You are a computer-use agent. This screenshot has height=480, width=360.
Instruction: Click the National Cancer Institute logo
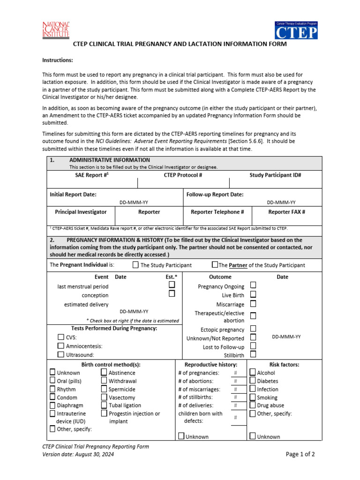pyautogui.click(x=56, y=30)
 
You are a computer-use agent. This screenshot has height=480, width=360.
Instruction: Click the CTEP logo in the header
pyautogui.click(x=296, y=30)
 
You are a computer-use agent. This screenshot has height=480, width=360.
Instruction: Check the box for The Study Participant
pyautogui.click(x=135, y=265)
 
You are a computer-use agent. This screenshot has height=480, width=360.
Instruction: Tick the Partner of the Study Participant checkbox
pyautogui.click(x=215, y=264)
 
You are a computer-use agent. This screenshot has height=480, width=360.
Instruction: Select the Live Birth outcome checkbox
pyautogui.click(x=253, y=294)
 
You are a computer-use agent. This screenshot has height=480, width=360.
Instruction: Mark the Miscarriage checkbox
pyautogui.click(x=253, y=304)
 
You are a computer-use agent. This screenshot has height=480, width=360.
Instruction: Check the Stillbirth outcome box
pyautogui.click(x=253, y=355)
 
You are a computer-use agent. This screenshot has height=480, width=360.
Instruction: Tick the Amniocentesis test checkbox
pyautogui.click(x=61, y=346)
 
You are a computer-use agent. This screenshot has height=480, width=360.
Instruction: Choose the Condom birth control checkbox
pyautogui.click(x=52, y=397)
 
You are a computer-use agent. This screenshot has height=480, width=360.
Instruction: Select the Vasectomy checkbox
pyautogui.click(x=104, y=397)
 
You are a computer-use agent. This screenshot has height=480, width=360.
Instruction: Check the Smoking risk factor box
pyautogui.click(x=253, y=397)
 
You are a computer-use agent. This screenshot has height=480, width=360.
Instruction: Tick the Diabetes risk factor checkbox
pyautogui.click(x=253, y=381)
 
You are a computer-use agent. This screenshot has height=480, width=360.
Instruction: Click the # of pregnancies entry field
pyautogui.click(x=235, y=373)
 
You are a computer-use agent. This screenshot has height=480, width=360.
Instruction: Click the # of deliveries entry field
pyautogui.click(x=235, y=405)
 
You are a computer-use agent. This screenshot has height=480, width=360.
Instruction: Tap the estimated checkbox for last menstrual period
pyautogui.click(x=172, y=285)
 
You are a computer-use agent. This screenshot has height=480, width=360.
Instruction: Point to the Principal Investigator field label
pyautogui.click(x=81, y=212)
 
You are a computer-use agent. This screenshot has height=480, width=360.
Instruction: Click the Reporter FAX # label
pyautogui.click(x=286, y=212)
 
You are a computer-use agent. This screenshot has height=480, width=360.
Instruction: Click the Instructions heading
pyautogui.click(x=58, y=60)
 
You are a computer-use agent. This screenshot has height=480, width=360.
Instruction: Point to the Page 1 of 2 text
pyautogui.click(x=300, y=454)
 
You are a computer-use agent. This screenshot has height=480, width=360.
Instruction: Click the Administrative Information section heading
pyautogui.click(x=103, y=160)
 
